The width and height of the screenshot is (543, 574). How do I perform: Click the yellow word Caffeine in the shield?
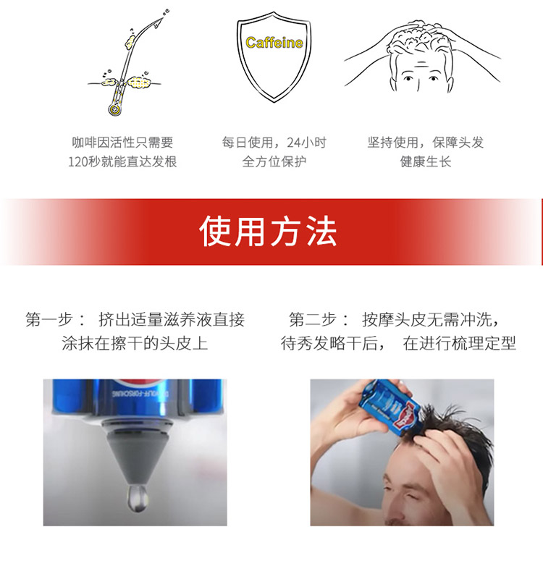coord(274,43)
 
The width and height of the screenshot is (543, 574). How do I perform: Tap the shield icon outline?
coord(239,55)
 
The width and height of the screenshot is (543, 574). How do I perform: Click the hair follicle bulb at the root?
coord(114,109)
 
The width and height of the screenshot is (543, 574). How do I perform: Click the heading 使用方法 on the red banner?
coord(268,232)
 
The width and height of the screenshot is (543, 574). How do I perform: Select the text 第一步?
coord(49,320)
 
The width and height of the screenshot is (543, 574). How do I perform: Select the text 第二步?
coord(312,320)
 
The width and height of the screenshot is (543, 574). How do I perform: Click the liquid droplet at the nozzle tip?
coord(138,497)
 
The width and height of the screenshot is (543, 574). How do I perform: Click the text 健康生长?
coord(426,161)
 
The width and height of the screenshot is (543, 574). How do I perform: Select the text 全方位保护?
coord(274,161)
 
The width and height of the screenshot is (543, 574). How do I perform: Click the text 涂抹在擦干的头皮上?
coord(135,343)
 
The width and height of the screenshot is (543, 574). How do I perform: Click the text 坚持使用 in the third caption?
coord(392,142)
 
